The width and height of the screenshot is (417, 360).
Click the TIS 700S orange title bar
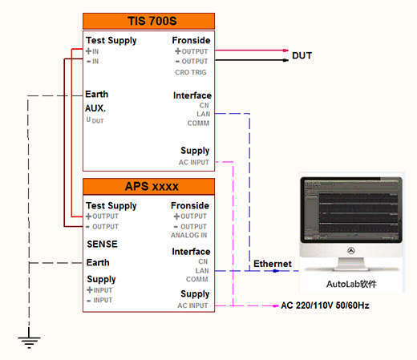[x=148, y=21]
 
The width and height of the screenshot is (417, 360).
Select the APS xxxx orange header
[x=148, y=187]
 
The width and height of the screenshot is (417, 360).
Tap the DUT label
[x=302, y=55]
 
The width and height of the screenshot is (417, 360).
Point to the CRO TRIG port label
[x=191, y=72]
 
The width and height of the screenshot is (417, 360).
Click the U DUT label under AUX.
[x=95, y=120]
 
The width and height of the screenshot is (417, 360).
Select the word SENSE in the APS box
[x=102, y=244]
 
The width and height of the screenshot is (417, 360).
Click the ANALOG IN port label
[x=188, y=235]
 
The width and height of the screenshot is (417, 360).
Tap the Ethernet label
[x=273, y=264]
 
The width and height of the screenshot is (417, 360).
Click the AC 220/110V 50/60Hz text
[x=325, y=305]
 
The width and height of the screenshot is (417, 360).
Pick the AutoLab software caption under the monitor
[x=351, y=284]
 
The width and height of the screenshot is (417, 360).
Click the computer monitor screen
[x=351, y=210]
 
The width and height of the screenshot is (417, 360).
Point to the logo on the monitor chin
[x=351, y=251]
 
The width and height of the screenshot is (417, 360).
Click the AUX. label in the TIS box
[x=95, y=108]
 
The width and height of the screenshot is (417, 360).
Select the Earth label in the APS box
[x=98, y=262]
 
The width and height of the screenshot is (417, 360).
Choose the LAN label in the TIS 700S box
[x=204, y=114]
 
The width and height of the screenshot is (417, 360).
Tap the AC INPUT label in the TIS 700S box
[x=194, y=162]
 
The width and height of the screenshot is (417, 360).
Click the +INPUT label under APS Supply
[x=99, y=290]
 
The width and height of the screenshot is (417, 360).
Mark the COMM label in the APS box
[x=197, y=279]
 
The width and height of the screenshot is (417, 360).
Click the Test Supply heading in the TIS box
[x=111, y=40]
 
